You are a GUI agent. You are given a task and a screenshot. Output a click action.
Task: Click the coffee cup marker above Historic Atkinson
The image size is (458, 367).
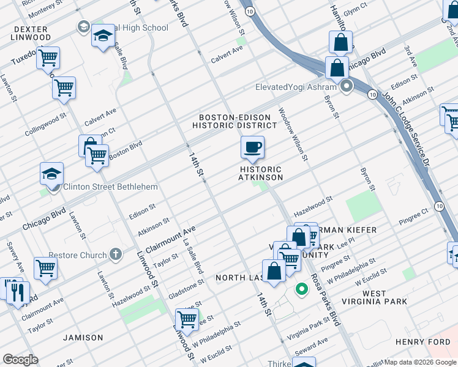pos(252,147)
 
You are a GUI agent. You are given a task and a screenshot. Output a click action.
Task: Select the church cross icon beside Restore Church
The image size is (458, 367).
pos(116,254)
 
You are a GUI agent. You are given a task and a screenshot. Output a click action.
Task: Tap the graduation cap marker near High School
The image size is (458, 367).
pos(103,37)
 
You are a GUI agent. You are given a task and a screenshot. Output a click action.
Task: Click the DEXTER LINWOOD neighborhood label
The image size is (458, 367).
pos(31,33)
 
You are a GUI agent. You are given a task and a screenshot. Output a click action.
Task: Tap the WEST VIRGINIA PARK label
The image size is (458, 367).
pos(382,298)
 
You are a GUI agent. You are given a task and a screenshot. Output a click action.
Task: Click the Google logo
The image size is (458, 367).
pos(20,360)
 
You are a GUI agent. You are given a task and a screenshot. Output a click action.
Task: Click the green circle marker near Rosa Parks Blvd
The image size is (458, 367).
pos(301,289)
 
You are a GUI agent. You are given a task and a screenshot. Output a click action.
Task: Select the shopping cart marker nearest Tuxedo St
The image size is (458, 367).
pos(47,59)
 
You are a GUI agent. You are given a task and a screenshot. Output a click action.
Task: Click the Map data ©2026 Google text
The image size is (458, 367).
pos(419,362)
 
